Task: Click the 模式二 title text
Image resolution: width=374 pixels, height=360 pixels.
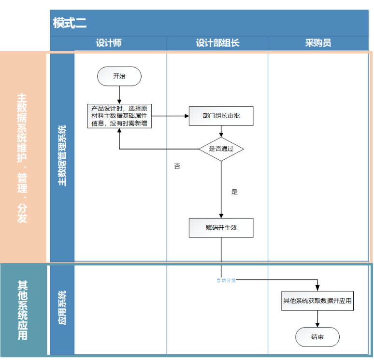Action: pos(70,23)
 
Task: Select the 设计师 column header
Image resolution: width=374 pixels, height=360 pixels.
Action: pos(109,43)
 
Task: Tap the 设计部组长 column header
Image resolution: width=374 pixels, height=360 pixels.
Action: pos(217,43)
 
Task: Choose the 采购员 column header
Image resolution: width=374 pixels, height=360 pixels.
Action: pos(318,43)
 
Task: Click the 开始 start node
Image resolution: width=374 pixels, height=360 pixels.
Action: pos(119,76)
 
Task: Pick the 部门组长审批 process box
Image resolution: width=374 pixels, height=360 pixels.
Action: pos(221,116)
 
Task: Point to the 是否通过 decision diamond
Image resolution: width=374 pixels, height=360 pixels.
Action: pos(221,149)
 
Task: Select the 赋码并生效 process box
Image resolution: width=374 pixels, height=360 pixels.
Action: pos(221,228)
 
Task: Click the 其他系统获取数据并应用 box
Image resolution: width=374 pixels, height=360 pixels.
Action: pos(317,301)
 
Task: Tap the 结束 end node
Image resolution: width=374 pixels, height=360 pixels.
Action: pos(317,337)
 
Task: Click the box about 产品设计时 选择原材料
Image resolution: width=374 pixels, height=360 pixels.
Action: pos(119,116)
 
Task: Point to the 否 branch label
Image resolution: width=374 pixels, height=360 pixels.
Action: pos(177,166)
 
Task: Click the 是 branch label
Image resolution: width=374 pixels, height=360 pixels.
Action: pos(234,192)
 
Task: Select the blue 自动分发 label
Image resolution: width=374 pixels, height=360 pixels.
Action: pos(226,280)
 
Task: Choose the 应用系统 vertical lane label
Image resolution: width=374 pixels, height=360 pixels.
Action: pos(62,307)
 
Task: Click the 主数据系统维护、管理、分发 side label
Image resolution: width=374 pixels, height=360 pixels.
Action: pos(22,157)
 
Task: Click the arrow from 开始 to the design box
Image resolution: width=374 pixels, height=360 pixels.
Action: pos(119,95)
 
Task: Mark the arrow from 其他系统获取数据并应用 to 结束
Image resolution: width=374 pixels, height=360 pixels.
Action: pos(317,319)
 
